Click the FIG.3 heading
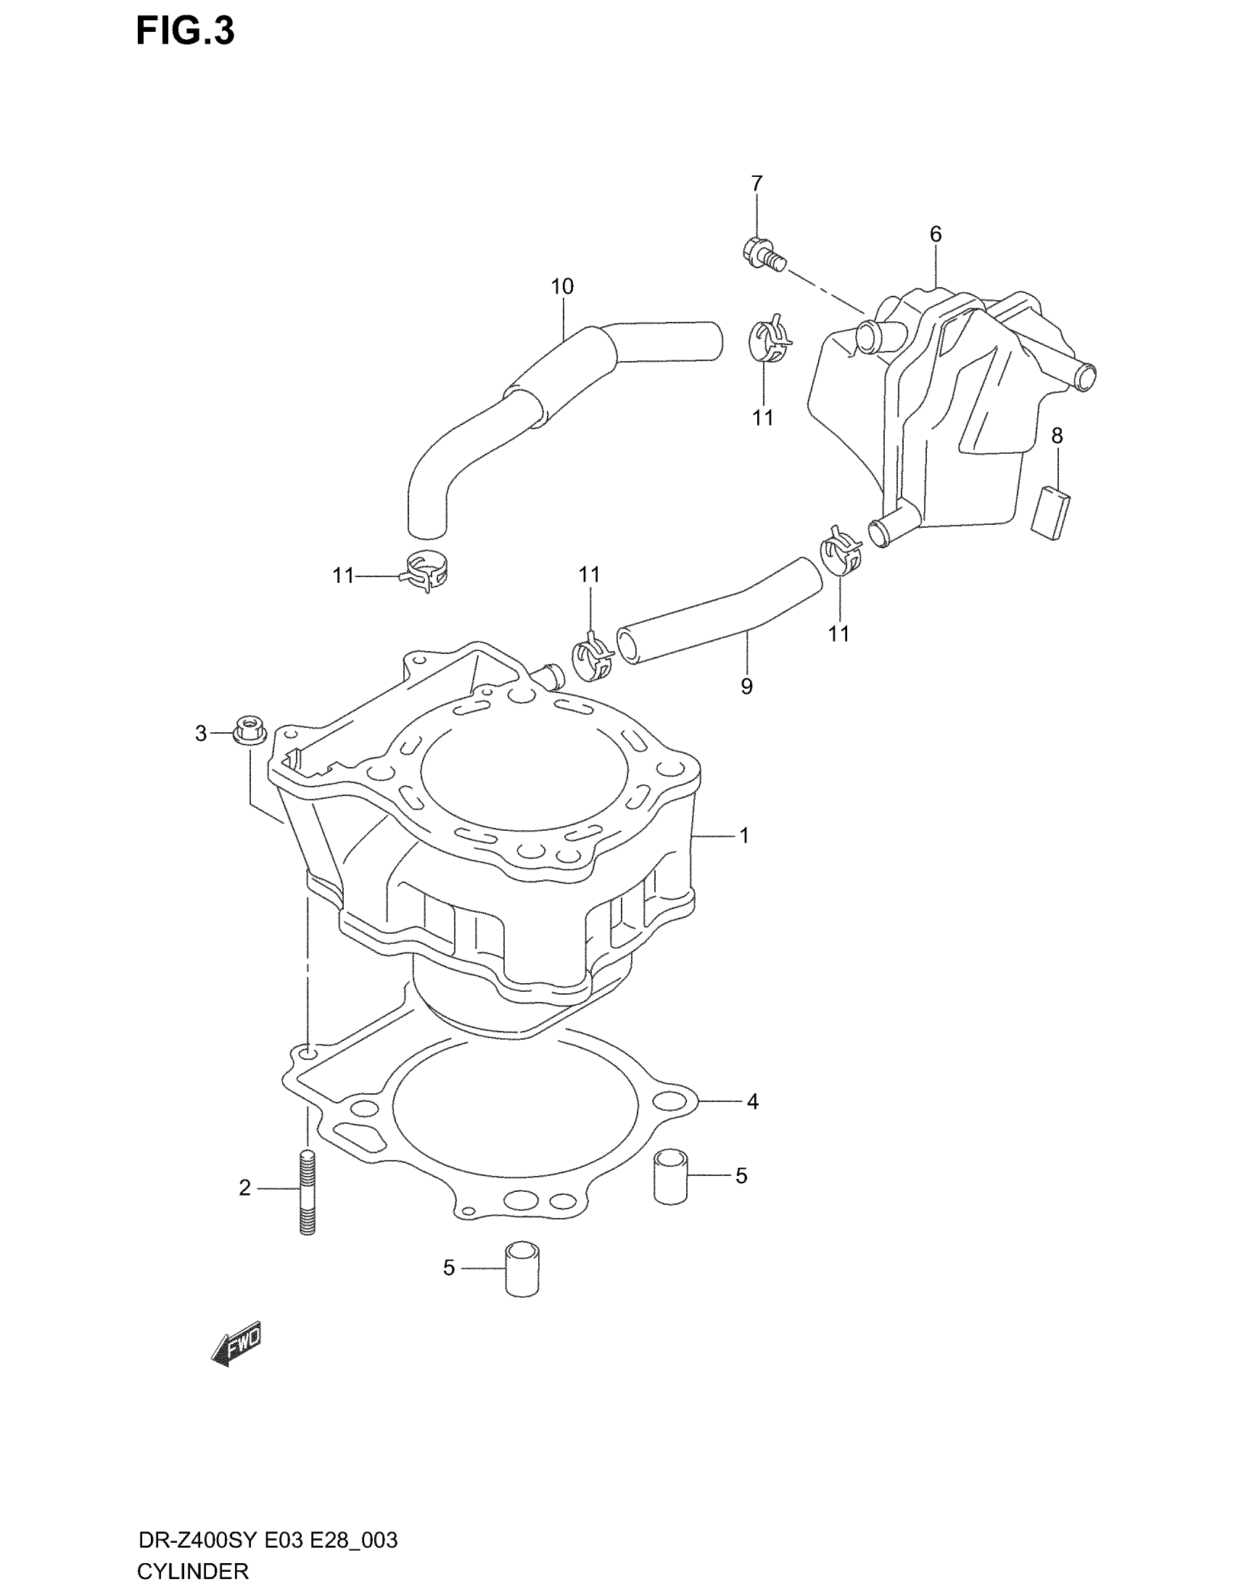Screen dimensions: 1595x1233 185,33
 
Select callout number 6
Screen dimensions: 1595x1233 935,234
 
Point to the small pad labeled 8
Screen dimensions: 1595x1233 1052,513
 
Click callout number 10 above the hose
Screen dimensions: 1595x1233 561,286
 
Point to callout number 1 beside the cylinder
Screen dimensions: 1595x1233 744,835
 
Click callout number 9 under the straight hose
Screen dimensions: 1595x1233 746,686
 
